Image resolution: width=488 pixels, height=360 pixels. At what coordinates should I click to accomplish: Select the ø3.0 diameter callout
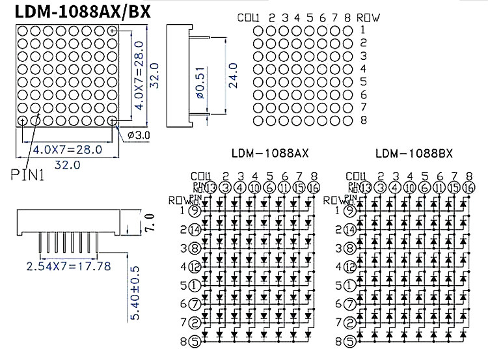[139, 135]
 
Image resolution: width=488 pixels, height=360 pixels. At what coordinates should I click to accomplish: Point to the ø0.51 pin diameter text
[200, 81]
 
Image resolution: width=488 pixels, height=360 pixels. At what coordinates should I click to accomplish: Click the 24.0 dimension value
[233, 75]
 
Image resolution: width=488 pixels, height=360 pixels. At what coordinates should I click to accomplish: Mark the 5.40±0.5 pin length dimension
[135, 294]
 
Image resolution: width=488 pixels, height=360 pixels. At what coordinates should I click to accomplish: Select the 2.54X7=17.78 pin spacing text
[68, 266]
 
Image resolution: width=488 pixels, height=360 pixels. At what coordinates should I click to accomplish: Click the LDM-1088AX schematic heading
[270, 154]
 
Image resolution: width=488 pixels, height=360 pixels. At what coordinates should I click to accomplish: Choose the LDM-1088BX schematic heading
[414, 154]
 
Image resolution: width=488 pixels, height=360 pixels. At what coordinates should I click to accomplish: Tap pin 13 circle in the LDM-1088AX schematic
[210, 187]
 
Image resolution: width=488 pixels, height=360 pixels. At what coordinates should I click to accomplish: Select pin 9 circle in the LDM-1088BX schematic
[349, 210]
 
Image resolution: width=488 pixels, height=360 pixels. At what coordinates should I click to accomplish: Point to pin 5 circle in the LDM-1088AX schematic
[194, 284]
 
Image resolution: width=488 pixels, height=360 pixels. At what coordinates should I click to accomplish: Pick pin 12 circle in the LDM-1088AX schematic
[194, 266]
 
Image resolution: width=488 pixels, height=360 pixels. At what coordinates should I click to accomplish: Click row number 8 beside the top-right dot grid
[363, 120]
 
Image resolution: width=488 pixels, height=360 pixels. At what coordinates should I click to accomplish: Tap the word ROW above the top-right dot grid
[368, 17]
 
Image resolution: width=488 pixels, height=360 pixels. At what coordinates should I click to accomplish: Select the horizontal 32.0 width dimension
[67, 165]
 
